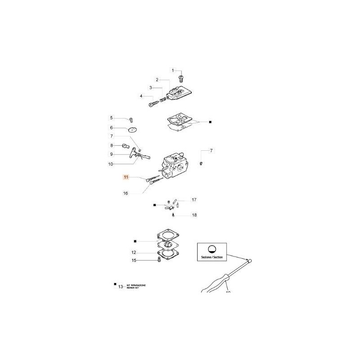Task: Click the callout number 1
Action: [x=172, y=70]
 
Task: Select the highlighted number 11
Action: [x=126, y=178]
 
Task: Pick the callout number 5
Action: [x=112, y=118]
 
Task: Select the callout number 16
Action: [x=126, y=193]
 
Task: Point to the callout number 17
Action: [x=194, y=199]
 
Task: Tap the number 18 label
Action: [x=194, y=215]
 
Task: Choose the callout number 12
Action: [x=134, y=252]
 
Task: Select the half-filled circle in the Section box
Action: [x=212, y=249]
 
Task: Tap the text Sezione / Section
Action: [x=212, y=261]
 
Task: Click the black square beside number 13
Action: [x=115, y=284]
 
